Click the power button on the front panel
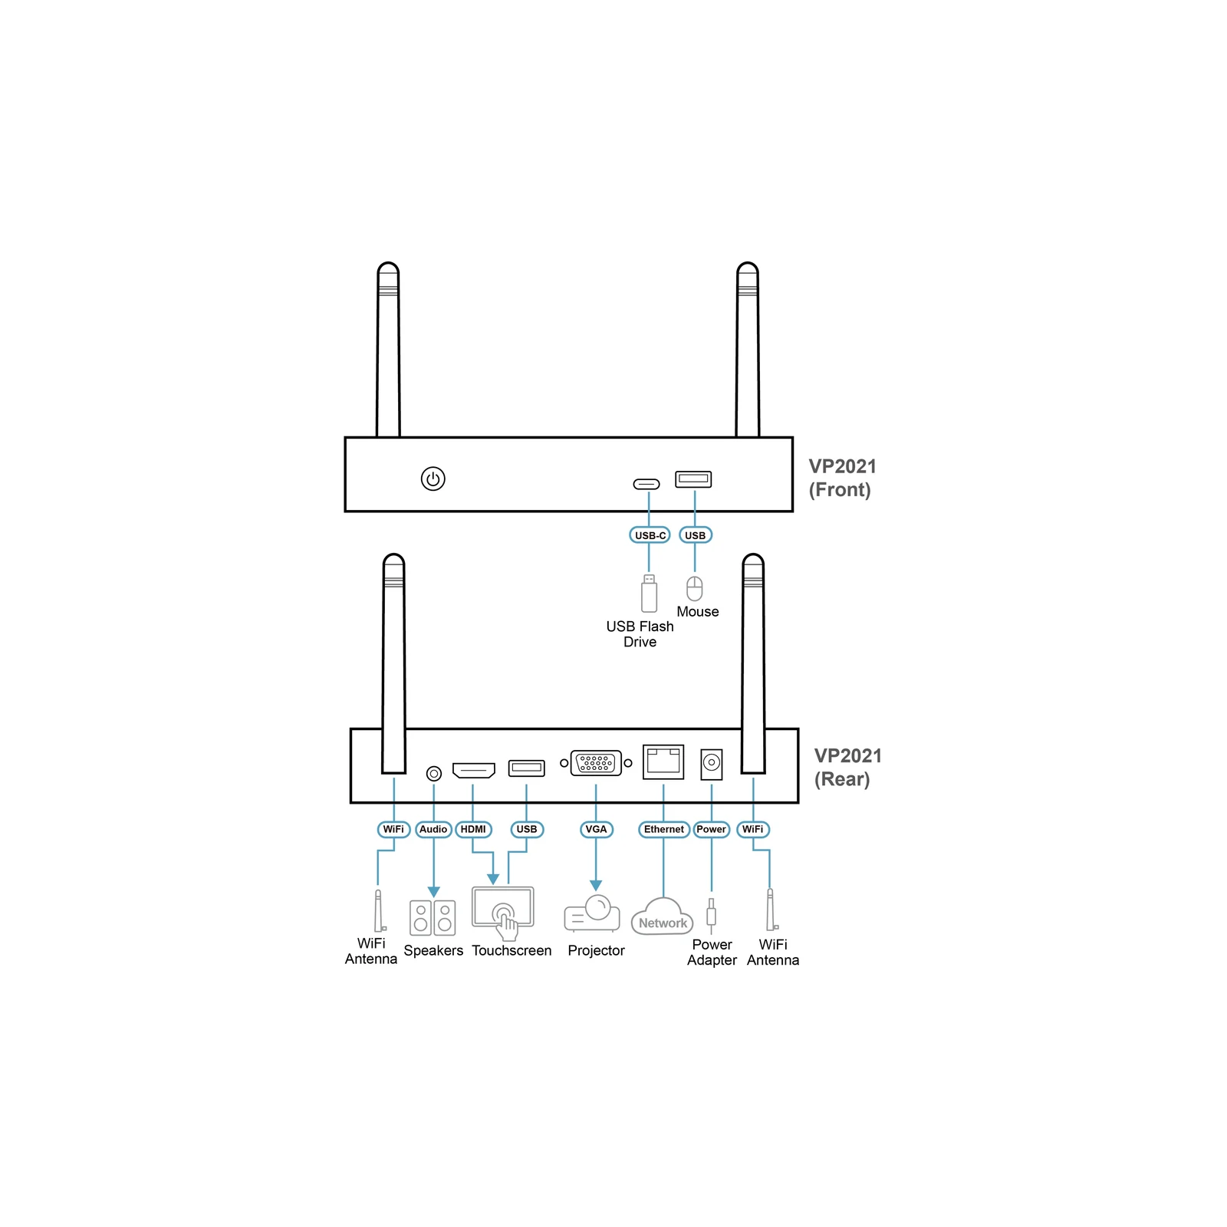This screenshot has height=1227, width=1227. (x=433, y=479)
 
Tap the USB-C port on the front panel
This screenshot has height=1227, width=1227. (x=646, y=484)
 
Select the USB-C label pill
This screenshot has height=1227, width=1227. (x=650, y=535)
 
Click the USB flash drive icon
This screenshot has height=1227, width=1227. (x=649, y=594)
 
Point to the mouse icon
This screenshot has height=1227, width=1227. (x=694, y=588)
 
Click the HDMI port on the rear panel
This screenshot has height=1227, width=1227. (x=474, y=770)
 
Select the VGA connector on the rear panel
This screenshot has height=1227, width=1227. (x=596, y=763)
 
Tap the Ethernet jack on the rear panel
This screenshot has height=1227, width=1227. (x=663, y=761)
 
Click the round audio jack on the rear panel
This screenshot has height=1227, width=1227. (x=434, y=774)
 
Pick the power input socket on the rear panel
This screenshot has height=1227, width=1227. (x=712, y=764)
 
